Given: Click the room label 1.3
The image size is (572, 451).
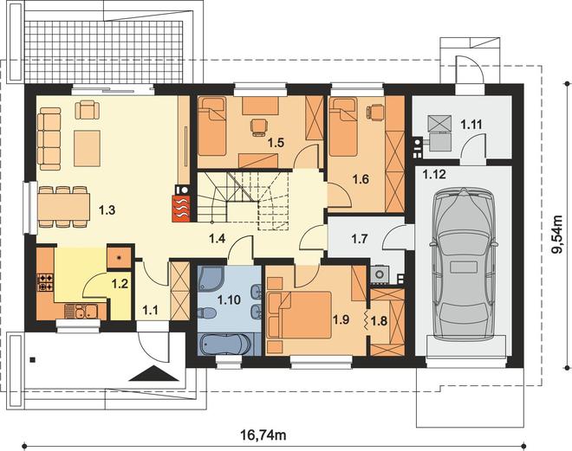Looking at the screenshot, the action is coord(107,209).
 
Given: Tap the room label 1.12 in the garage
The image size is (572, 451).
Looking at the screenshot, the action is coord(434,174).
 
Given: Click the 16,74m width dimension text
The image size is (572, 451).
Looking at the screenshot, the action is coord(263,435).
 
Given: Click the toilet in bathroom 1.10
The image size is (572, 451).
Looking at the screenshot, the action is coord(206,313).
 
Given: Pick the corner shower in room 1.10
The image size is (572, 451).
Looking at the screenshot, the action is coord(207,280).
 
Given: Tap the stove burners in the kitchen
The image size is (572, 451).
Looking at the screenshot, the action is coord(45,282).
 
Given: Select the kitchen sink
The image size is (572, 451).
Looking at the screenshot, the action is coord(81,312).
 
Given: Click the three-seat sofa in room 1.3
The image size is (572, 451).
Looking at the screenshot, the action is coord(49,139).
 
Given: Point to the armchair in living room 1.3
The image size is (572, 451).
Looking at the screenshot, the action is coord(88,109).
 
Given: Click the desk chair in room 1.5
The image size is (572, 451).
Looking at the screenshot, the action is coord(258,127).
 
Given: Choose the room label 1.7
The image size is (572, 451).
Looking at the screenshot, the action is coord(360,239).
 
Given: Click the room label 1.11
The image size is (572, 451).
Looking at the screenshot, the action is coord(471,125).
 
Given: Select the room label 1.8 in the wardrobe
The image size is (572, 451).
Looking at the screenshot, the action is coord(380,321).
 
